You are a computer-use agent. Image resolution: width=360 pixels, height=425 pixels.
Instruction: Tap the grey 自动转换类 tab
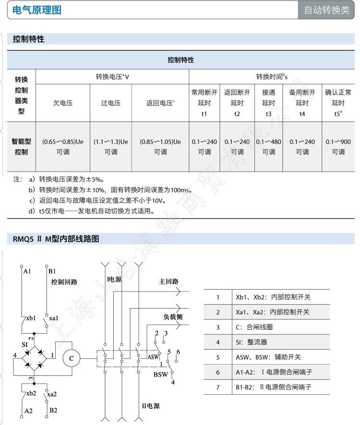point(327,10)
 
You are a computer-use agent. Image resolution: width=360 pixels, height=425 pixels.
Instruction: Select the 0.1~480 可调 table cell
point(269,147)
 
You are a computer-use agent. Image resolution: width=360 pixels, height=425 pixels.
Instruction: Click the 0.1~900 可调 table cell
point(338,147)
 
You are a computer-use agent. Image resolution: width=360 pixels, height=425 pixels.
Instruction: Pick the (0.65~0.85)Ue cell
point(63,147)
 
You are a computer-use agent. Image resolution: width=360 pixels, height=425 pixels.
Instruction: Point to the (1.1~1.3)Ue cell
point(111,147)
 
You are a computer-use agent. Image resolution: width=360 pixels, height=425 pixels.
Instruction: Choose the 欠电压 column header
point(63,103)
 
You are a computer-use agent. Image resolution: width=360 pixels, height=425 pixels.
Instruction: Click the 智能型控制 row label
point(22,147)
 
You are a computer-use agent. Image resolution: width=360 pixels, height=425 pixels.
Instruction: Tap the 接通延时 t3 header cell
point(269,103)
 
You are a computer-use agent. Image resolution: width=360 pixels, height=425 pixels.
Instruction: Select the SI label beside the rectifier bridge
point(25,344)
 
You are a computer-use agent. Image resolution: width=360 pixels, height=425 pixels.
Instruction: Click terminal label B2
point(53,410)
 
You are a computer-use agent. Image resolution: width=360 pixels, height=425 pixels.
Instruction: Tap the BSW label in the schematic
point(161,374)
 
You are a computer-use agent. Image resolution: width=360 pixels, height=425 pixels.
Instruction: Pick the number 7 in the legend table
point(217,387)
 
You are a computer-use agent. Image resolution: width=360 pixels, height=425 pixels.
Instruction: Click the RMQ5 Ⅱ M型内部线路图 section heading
point(56,239)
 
